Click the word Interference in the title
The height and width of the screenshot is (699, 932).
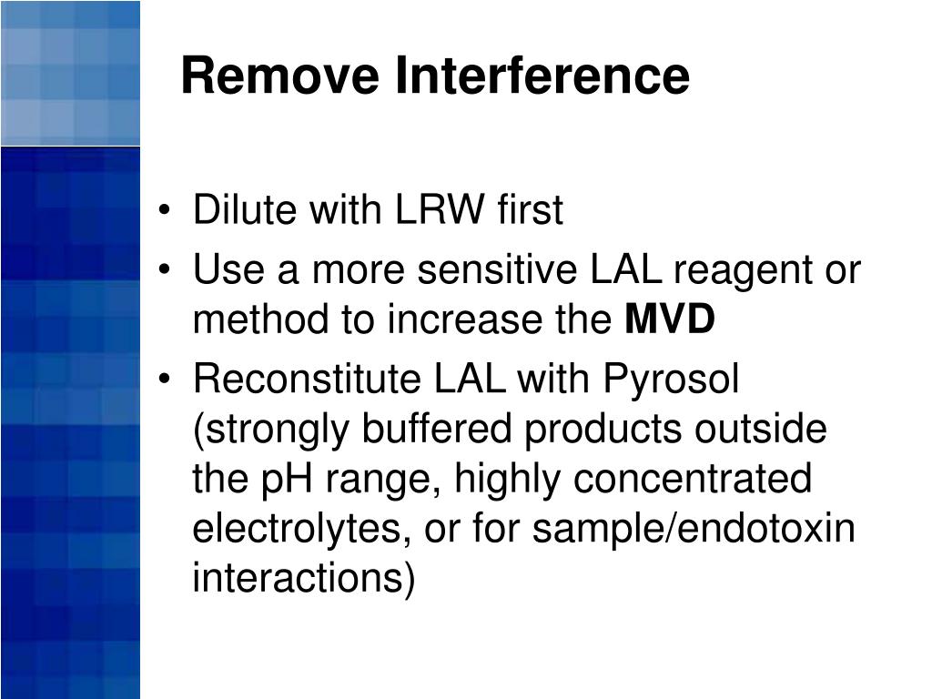click(x=542, y=76)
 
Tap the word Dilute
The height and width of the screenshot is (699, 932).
click(x=245, y=211)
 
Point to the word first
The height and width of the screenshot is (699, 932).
click(x=530, y=211)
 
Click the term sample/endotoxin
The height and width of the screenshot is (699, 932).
click(x=694, y=530)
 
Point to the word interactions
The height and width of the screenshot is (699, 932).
click(x=303, y=579)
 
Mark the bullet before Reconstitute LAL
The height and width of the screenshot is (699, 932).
click(x=164, y=380)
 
